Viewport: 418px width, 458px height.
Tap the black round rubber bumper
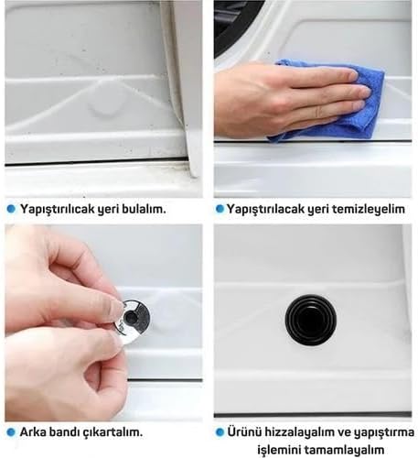311,321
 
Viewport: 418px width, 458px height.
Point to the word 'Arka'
33,432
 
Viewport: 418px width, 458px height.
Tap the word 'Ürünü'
244,432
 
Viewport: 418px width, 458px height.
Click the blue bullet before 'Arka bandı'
11,432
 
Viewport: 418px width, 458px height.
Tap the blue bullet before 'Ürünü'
220,432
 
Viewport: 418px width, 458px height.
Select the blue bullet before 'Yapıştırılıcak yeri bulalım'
11,209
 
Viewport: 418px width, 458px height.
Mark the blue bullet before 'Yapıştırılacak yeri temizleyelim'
220,209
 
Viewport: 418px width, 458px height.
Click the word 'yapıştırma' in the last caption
384,432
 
